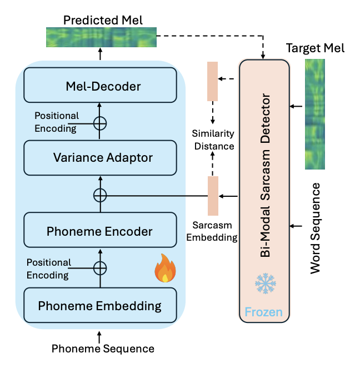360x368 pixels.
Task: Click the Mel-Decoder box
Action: pyautogui.click(x=100, y=86)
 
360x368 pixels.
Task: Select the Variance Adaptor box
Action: pyautogui.click(x=100, y=158)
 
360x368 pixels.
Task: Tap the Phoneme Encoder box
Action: pyautogui.click(x=100, y=231)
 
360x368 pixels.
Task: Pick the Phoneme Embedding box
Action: pyautogui.click(x=100, y=305)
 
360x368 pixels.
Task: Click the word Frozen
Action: pyautogui.click(x=264, y=312)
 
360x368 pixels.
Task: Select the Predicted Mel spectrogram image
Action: pyautogui.click(x=101, y=38)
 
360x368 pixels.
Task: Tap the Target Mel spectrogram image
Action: pyautogui.click(x=315, y=114)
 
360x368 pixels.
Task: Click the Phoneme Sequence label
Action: pyautogui.click(x=103, y=349)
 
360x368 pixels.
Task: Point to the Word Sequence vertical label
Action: pyautogui.click(x=315, y=227)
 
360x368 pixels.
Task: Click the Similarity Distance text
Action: pyautogui.click(x=213, y=140)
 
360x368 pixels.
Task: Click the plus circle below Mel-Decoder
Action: pyautogui.click(x=100, y=122)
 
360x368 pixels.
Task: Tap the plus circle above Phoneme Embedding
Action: pyautogui.click(x=100, y=268)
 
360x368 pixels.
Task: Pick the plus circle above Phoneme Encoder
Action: pyautogui.click(x=100, y=195)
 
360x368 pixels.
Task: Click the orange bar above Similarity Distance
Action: pyautogui.click(x=212, y=81)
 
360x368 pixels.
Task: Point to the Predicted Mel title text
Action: pyautogui.click(x=103, y=21)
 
